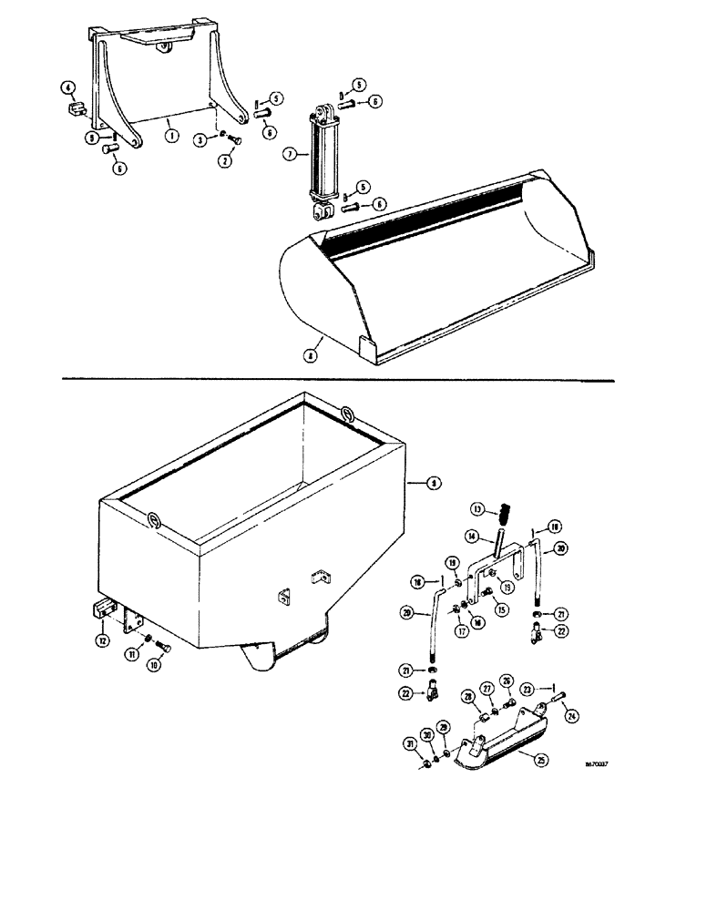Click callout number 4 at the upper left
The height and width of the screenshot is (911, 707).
click(67, 88)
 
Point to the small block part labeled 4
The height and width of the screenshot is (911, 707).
click(76, 110)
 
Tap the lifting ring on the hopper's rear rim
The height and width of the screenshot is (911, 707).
click(349, 413)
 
